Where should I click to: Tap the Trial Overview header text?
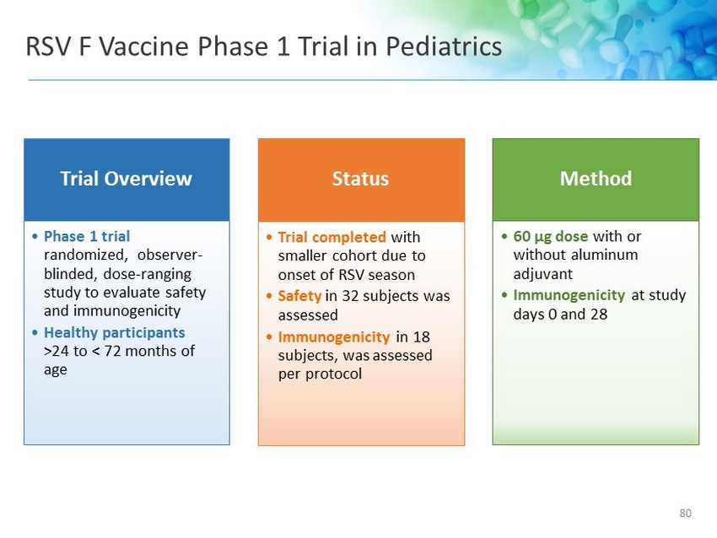[127, 178]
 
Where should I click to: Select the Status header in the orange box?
[360, 178]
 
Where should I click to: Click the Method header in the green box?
[596, 178]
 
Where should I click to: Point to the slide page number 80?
[685, 513]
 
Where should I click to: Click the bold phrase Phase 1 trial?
[87, 236]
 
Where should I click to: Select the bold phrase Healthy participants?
[115, 333]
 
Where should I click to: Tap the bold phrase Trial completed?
[332, 237]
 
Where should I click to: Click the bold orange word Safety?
[299, 296]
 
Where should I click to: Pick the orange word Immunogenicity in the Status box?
[334, 337]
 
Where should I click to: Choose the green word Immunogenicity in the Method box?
[569, 296]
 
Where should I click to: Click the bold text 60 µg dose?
[551, 237]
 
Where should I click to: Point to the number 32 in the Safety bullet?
[350, 296]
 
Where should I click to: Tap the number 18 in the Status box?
[421, 337]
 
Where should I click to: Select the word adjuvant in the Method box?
[542, 274]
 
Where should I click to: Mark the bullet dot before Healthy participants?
[35, 333]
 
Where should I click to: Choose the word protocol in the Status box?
[333, 374]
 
